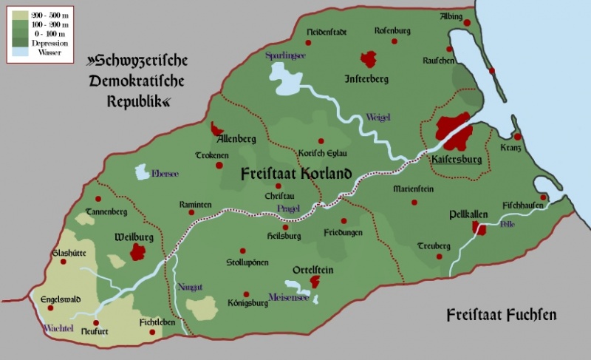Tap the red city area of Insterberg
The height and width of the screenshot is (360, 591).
click(367, 59)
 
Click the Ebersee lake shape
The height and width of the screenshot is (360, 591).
click(141, 172)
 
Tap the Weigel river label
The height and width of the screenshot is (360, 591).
click(378, 117)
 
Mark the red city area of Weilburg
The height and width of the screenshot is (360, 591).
click(138, 252)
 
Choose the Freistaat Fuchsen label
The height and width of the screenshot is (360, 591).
click(501, 316)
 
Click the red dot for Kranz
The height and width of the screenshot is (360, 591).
click(518, 137)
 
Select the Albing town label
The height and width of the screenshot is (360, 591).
click(451, 16)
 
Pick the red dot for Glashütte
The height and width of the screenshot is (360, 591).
click(64, 262)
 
